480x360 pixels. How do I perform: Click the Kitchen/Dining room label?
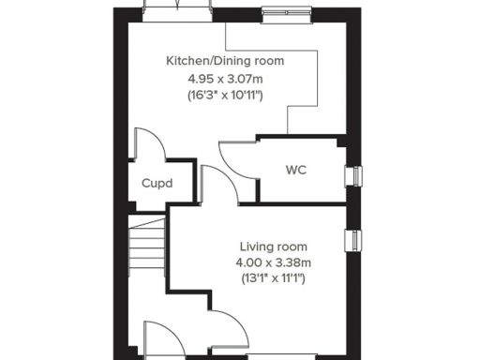tap(225, 61)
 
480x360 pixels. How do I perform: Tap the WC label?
tap(296, 171)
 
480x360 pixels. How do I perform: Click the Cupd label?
tap(157, 183)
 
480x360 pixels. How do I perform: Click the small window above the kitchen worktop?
tap(276, 13)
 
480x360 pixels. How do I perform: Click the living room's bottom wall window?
tap(272, 356)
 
